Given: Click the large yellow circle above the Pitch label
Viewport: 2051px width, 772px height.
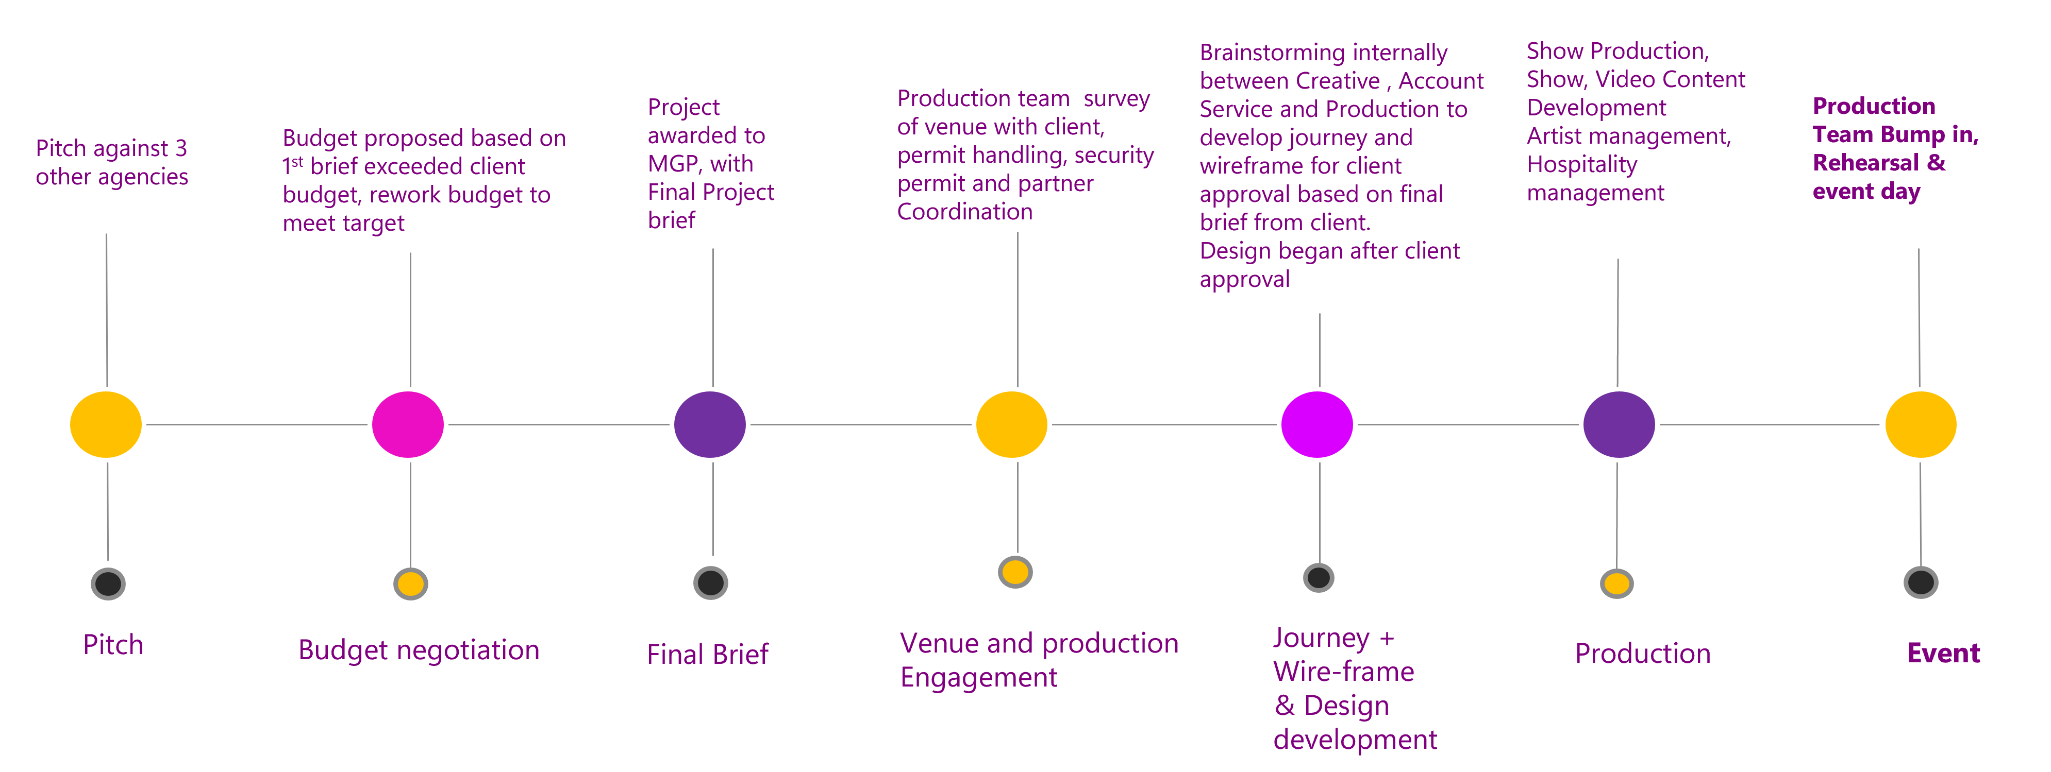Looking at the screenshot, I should click(x=106, y=424).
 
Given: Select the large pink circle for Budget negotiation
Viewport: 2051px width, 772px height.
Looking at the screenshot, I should click(x=408, y=424).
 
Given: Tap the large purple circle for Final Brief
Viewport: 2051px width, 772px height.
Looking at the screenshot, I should click(x=709, y=424).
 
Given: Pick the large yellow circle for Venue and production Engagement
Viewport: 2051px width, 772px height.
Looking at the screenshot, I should click(x=1011, y=424).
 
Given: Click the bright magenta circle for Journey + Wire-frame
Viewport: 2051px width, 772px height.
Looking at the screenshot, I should click(x=1317, y=424).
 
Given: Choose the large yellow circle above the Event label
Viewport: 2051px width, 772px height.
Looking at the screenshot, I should click(x=1921, y=424).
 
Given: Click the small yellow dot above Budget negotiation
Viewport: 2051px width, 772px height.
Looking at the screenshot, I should click(x=411, y=584).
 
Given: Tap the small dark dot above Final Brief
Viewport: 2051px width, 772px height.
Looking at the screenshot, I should click(x=710, y=582).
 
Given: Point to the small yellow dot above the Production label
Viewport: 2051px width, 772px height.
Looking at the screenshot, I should click(x=1616, y=584).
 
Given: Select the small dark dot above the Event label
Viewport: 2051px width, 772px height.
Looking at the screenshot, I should click(x=1921, y=582).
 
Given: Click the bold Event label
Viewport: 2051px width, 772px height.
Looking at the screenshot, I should click(x=1943, y=654).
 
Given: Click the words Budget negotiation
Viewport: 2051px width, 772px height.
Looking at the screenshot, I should click(x=419, y=650).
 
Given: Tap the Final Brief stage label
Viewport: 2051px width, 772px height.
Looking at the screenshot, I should click(x=708, y=654).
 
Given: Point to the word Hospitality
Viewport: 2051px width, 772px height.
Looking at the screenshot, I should click(x=1581, y=165).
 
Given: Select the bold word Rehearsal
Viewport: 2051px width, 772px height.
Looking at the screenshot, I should click(x=1865, y=163).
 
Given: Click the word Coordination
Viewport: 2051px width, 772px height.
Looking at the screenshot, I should click(x=964, y=212).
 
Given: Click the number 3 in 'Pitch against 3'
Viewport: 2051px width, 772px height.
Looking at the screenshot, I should click(x=181, y=148).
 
